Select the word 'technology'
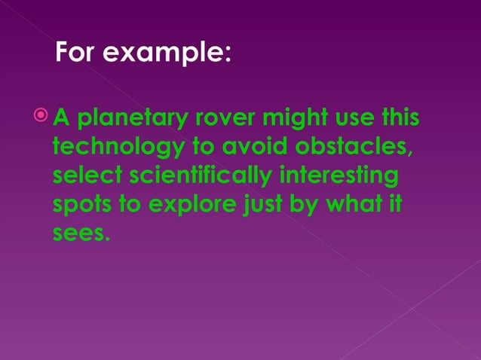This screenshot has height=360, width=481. [109, 148]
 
